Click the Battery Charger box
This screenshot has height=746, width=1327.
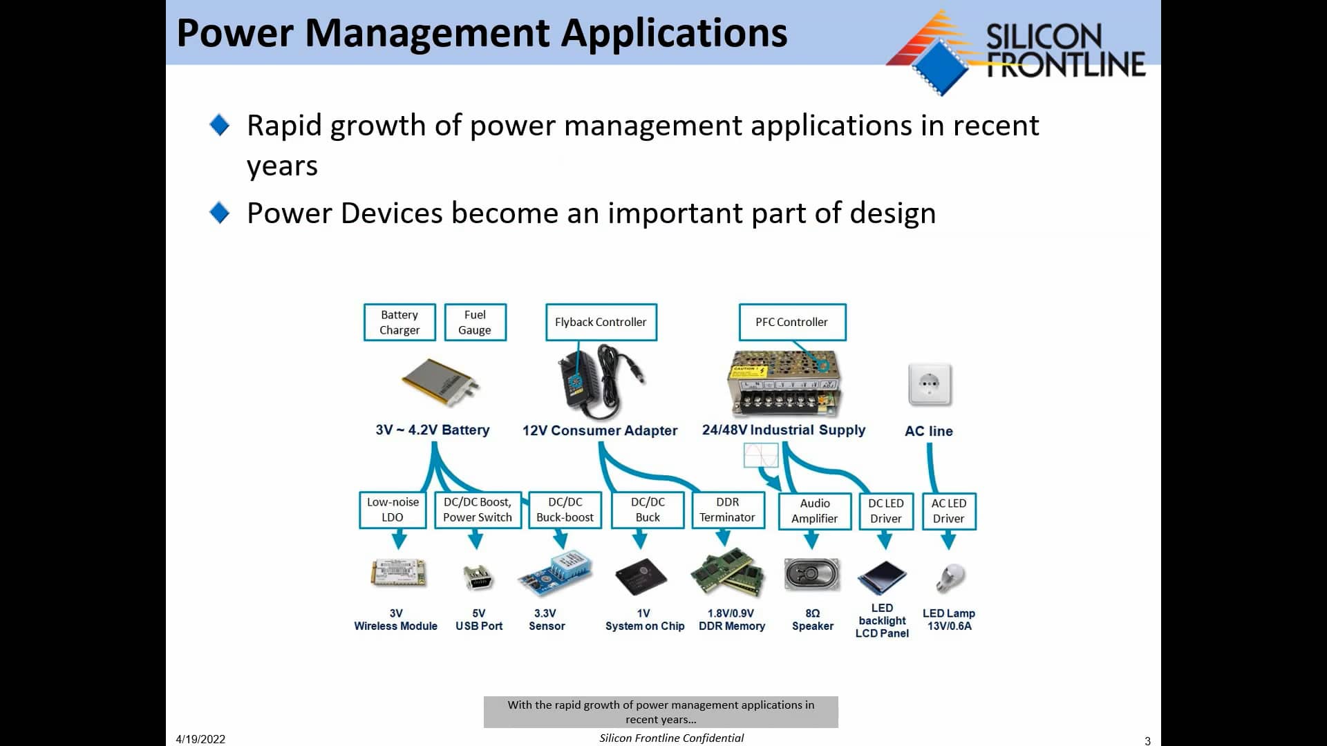click(x=399, y=322)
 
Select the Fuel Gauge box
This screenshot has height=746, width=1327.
click(x=475, y=322)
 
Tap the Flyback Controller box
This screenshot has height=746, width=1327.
click(x=601, y=322)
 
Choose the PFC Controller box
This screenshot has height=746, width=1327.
click(x=791, y=322)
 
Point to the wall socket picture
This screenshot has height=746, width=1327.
click(x=930, y=384)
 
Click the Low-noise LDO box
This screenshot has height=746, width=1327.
click(x=393, y=510)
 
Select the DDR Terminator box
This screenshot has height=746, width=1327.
click(x=727, y=510)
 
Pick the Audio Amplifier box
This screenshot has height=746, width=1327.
click(x=814, y=511)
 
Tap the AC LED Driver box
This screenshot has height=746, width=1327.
click(x=948, y=511)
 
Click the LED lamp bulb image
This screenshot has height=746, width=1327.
click(x=950, y=577)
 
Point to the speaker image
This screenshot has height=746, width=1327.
click(x=812, y=575)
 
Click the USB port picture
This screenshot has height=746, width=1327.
click(x=478, y=577)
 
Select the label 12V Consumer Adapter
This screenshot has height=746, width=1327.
click(x=600, y=430)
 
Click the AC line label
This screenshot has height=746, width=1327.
click(x=929, y=431)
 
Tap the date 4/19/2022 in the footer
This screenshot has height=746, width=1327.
click(x=200, y=739)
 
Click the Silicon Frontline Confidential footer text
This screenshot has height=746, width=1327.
click(x=671, y=738)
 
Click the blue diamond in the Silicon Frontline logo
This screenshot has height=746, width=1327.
click(x=940, y=66)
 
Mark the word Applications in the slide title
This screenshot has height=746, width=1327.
click(x=674, y=33)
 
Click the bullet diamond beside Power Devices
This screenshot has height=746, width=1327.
click(x=219, y=213)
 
